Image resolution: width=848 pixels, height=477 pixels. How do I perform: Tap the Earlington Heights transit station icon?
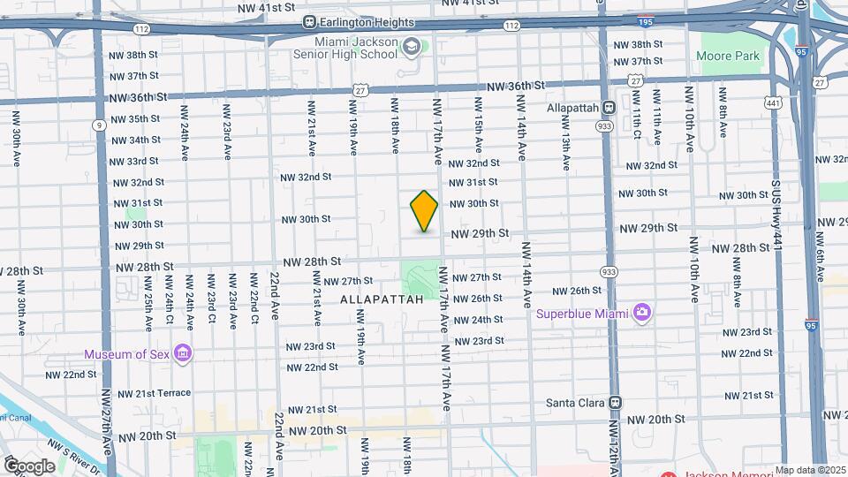tap(309, 22)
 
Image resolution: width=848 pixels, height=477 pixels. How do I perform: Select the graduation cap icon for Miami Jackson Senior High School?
tap(411, 46)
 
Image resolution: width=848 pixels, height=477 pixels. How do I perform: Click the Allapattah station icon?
tap(609, 108)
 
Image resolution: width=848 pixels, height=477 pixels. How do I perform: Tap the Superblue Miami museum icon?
tap(642, 313)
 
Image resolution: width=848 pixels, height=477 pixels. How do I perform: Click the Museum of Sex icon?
tap(184, 354)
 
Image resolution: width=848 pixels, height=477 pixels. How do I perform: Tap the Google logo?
tap(29, 466)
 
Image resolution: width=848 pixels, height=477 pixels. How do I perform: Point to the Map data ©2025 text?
tap(811, 470)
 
